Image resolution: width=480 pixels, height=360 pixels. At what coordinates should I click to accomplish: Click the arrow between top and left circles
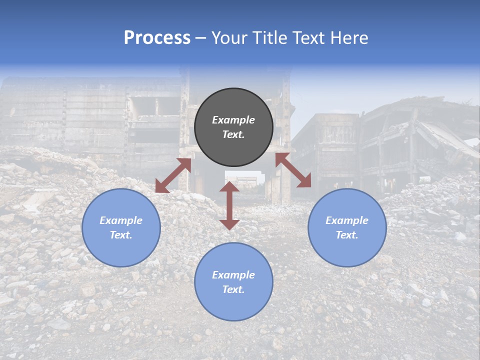173,175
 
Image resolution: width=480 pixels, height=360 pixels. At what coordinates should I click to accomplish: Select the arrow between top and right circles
293,170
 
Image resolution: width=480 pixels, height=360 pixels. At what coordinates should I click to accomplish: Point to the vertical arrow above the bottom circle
229,205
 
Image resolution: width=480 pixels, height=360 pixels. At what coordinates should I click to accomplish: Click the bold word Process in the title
157,37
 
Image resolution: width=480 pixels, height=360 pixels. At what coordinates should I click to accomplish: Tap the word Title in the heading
270,38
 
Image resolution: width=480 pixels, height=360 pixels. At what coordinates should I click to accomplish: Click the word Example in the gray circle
233,120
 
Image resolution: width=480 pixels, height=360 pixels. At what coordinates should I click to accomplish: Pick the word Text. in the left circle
121,235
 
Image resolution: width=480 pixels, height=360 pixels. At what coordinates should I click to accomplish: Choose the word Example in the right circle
347,220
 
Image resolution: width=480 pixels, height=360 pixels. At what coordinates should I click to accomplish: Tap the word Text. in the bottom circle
233,289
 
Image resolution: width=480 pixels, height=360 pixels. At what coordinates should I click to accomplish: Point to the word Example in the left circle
121,220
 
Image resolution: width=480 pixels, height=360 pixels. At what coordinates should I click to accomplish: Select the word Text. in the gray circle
233,134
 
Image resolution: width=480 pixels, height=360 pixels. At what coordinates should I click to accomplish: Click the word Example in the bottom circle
233,275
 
